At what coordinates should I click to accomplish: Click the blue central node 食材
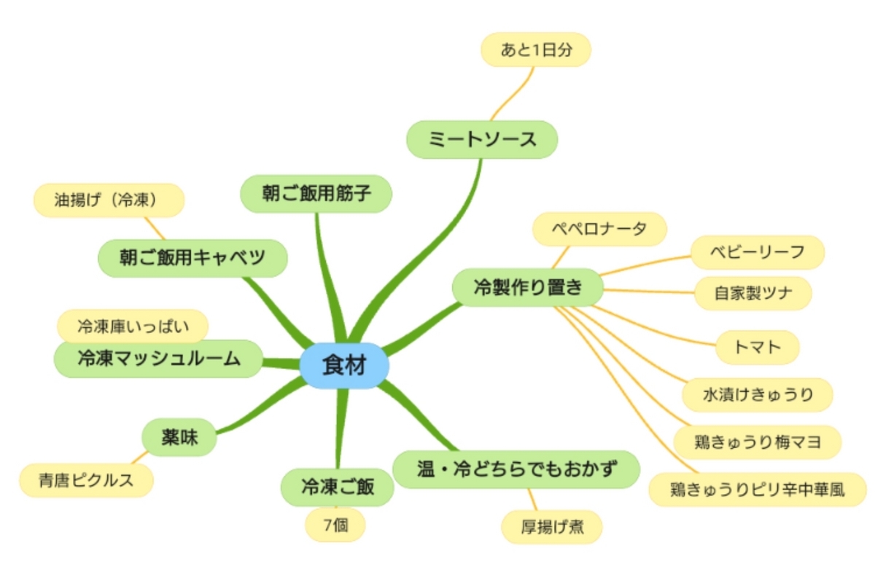(x=344, y=366)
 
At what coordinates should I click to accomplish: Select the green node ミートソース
(x=482, y=139)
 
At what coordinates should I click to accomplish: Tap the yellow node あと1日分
(x=536, y=50)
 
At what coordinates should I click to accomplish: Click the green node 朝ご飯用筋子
(x=316, y=194)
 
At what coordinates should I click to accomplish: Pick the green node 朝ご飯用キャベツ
(x=192, y=258)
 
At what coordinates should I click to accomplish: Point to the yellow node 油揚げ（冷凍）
(x=109, y=200)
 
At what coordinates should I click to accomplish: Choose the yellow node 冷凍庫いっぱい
(x=133, y=326)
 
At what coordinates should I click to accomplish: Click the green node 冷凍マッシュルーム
(x=158, y=359)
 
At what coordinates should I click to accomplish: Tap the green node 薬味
(x=179, y=437)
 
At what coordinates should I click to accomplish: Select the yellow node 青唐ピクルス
(x=86, y=480)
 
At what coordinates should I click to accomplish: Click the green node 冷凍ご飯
(x=338, y=488)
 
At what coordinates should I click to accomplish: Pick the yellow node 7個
(x=335, y=525)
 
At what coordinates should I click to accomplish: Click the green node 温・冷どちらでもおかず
(x=516, y=469)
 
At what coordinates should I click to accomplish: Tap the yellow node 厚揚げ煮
(x=552, y=527)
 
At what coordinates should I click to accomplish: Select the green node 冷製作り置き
(x=528, y=287)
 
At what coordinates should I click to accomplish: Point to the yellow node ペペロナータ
(x=599, y=230)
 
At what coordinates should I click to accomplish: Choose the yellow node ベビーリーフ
(x=758, y=252)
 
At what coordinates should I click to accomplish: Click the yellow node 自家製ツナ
(x=753, y=293)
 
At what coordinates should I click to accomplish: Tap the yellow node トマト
(x=758, y=348)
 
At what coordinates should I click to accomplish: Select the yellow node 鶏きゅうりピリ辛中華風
(x=758, y=490)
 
